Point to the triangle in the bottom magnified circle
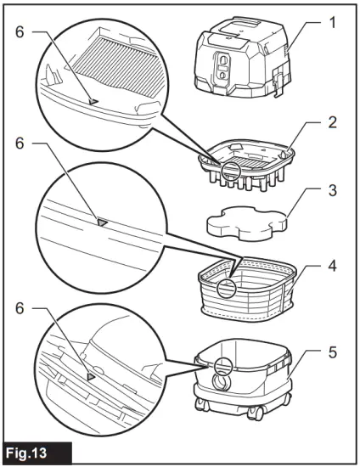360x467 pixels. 91,374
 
